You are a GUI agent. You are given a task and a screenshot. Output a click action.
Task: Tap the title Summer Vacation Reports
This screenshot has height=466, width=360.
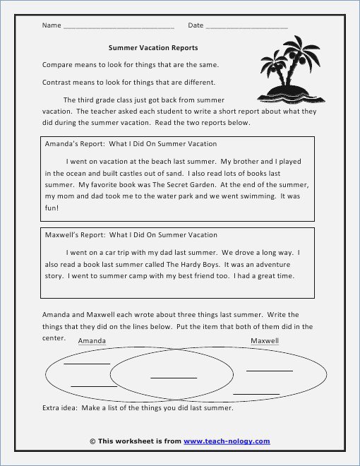pyautogui.click(x=153, y=48)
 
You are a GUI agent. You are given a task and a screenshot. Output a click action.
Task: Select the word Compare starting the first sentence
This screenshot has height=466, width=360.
pyautogui.click(x=57, y=64)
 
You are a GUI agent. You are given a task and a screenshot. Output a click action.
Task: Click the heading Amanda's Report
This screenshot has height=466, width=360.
pyautogui.click(x=70, y=143)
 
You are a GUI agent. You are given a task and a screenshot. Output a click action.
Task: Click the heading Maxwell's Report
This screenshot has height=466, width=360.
pyautogui.click(x=72, y=234)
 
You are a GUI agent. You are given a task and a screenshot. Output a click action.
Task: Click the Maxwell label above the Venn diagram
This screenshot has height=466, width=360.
pyautogui.click(x=265, y=340)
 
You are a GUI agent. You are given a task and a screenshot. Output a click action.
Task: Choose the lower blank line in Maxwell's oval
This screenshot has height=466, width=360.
pyautogui.click(x=256, y=393)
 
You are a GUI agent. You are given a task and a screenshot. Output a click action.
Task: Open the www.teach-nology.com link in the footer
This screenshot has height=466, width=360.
pyautogui.click(x=227, y=441)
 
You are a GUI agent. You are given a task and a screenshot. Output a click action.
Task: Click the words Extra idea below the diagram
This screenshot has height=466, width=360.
pyautogui.click(x=61, y=408)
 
